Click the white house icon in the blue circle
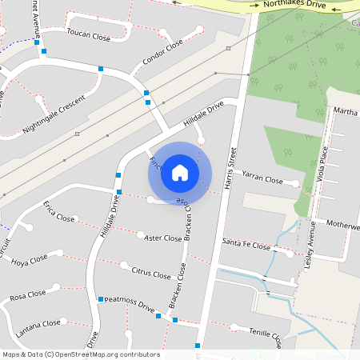(180, 173)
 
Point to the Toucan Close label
(90, 36)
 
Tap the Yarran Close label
(262, 181)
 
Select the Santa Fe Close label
(246, 244)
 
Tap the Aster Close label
(163, 238)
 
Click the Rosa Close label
(28, 298)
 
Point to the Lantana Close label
(40, 323)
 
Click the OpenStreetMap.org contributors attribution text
(108, 354)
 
